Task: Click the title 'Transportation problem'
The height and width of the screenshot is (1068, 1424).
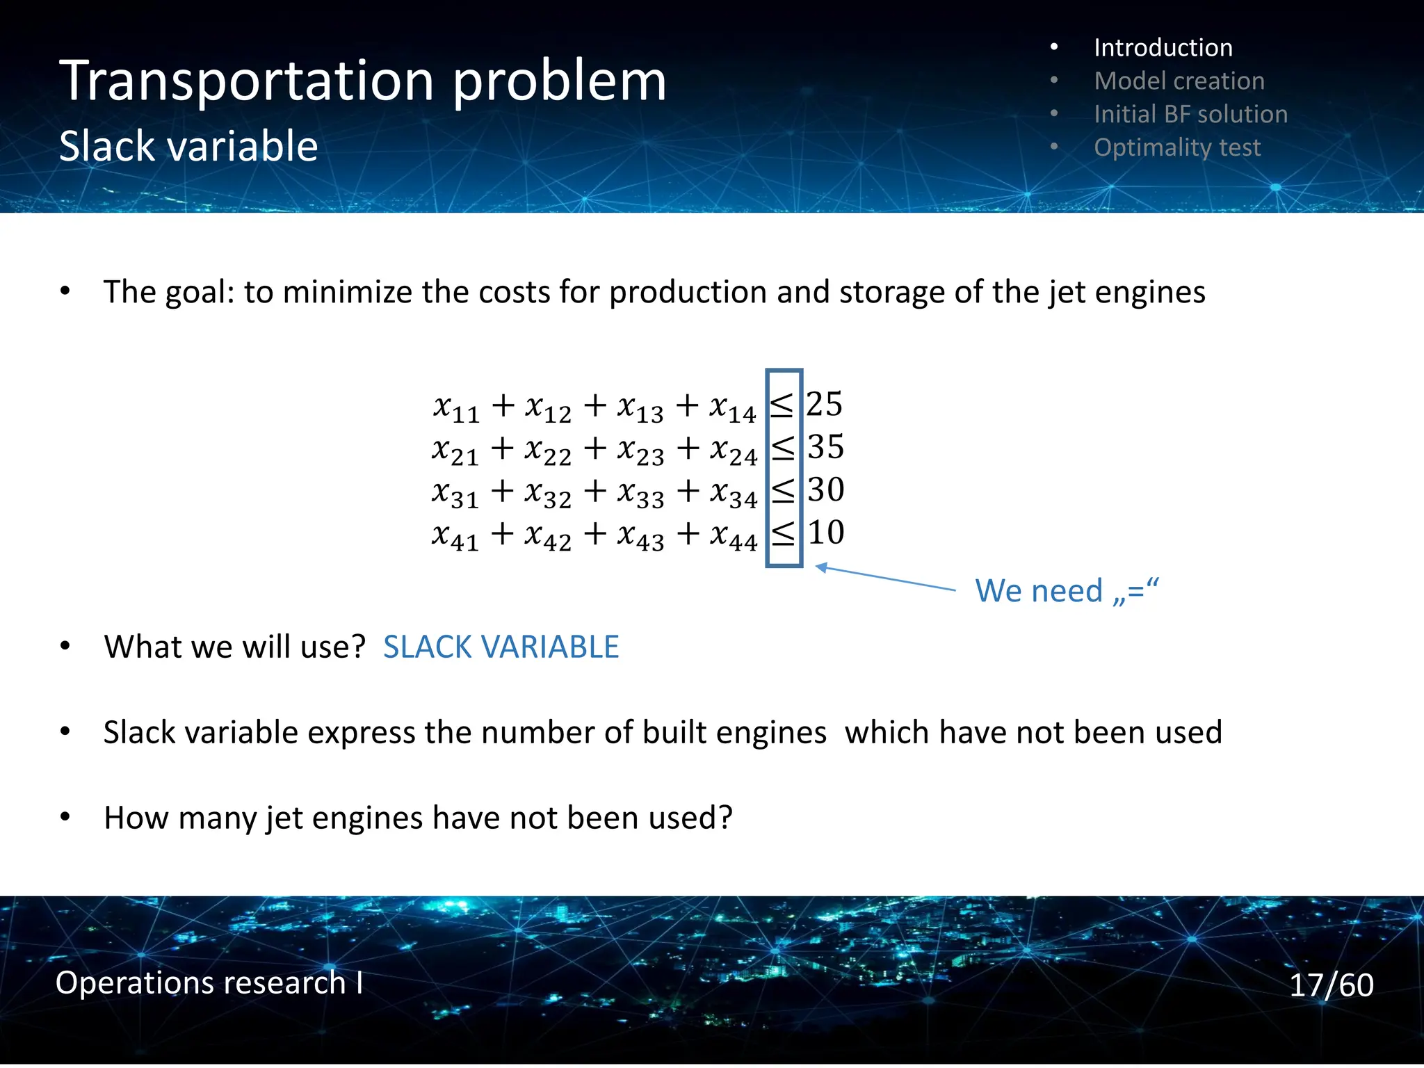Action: tap(362, 82)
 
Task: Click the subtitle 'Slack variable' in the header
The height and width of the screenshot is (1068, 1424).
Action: tap(188, 147)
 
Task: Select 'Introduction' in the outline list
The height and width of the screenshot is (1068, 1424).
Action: tap(1163, 48)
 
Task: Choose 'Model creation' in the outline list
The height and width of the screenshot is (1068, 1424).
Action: tap(1179, 81)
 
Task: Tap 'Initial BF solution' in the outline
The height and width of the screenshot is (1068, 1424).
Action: tap(1190, 114)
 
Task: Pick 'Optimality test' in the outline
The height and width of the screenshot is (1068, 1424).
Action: tap(1176, 147)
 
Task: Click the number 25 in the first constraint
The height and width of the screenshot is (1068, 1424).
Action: tap(824, 404)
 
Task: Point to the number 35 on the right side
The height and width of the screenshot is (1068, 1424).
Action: tap(825, 447)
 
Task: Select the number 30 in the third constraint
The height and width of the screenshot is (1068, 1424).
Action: tap(825, 489)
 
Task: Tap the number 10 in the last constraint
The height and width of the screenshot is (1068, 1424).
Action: tap(825, 533)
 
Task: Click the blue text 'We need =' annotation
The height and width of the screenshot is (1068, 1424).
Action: tap(1067, 591)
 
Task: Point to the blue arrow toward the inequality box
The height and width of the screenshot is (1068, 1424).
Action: tap(887, 578)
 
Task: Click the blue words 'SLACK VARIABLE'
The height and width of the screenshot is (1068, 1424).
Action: tap(501, 647)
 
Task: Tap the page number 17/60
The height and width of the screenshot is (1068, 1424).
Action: tap(1331, 985)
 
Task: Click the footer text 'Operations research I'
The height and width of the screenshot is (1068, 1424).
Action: tap(209, 983)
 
